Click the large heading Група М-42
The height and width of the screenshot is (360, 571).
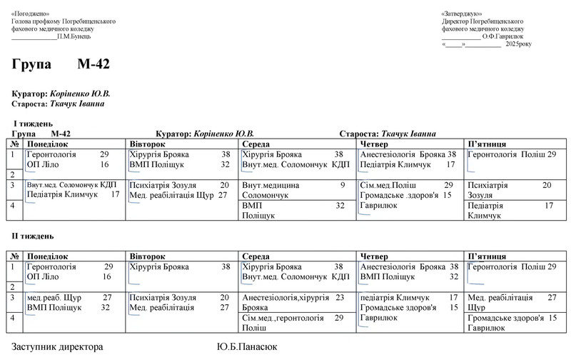pyautogui.click(x=61, y=65)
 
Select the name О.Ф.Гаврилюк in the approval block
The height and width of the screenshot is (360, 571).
pyautogui.click(x=502, y=36)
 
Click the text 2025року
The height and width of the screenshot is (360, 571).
pyautogui.click(x=518, y=44)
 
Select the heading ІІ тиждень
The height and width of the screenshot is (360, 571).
pyautogui.click(x=33, y=236)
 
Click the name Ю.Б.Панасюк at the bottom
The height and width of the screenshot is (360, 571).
pyautogui.click(x=246, y=347)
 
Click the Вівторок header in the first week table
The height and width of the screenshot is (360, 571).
pyautogui.click(x=147, y=144)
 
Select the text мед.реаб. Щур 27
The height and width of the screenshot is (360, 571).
pyautogui.click(x=69, y=297)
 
